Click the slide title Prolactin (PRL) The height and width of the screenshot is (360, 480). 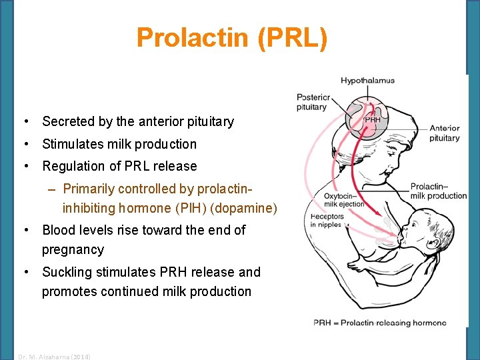232,38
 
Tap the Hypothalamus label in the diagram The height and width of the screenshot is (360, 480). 367,81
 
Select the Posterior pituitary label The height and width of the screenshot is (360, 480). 311,103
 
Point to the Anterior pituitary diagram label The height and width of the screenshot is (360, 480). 444,133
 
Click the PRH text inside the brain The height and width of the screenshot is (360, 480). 373,119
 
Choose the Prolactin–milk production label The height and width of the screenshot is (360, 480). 438,191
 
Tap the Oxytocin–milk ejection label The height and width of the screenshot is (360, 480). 344,200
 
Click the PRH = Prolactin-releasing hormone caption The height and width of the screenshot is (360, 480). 379,323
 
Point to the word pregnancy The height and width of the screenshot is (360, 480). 73,250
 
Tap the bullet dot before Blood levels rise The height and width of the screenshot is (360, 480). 25,230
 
